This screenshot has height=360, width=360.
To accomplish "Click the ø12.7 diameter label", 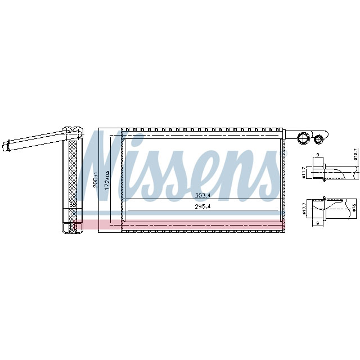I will (x=355, y=153).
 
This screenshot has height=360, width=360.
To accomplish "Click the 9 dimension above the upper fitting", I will (x=317, y=155).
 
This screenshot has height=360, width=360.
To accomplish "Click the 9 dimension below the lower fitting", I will (x=318, y=224).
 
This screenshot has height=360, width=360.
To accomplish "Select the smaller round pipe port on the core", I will (x=321, y=138).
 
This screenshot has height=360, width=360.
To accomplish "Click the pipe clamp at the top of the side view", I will (x=71, y=132).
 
